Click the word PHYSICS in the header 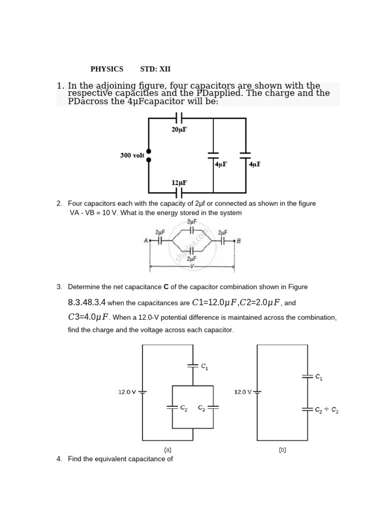[x=107, y=69]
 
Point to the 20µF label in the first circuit [x=179, y=129]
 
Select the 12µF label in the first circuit [x=179, y=183]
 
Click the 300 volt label [x=132, y=155]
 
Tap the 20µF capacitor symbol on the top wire [x=179, y=118]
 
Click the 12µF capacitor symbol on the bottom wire [x=179, y=193]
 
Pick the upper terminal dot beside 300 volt [x=148, y=151]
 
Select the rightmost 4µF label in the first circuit [x=255, y=164]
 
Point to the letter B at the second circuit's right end [x=239, y=241]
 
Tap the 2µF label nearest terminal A [x=160, y=232]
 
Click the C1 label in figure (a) [x=204, y=367]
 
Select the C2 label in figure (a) [x=184, y=408]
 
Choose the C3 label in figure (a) [x=202, y=408]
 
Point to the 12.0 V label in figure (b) [x=243, y=392]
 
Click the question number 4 [x=59, y=458]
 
